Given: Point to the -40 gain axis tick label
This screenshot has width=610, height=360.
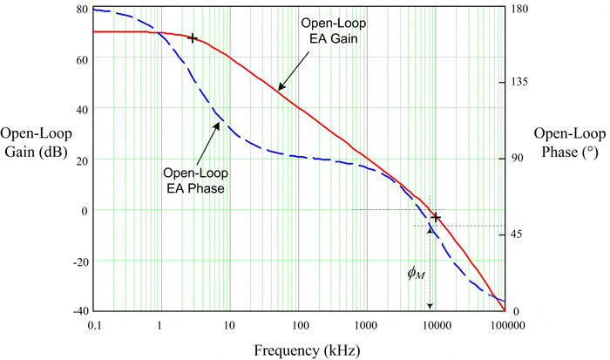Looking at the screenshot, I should tap(77, 311).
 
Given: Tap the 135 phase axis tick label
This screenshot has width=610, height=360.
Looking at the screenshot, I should tap(523, 83).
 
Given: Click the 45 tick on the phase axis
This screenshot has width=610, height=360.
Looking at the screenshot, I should tap(520, 234).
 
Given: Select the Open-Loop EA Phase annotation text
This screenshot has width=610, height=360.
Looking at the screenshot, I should tap(194, 179).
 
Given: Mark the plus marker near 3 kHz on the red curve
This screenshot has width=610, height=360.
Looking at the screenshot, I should tap(193, 38).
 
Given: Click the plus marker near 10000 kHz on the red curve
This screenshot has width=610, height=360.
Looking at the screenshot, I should tap(437, 217).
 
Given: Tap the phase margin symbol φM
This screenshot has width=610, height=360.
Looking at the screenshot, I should tap(417, 273).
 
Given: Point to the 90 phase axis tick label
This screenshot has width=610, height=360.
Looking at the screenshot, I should tap(520, 159).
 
